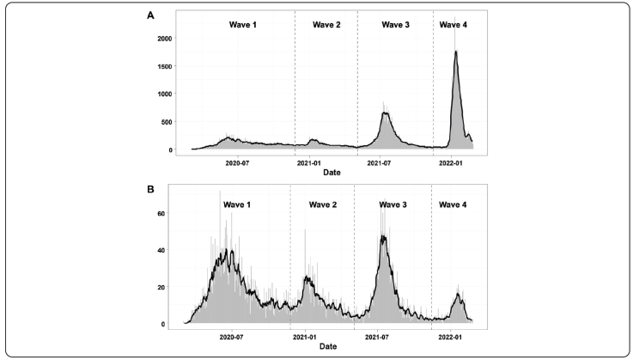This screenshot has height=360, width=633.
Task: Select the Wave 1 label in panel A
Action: pos(242,25)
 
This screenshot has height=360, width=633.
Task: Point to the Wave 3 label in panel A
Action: pos(395,25)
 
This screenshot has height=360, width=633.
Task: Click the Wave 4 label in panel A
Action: pos(453,25)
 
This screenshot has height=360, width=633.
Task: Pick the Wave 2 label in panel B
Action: pos(323,204)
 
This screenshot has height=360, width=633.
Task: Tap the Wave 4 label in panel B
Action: pos(453,204)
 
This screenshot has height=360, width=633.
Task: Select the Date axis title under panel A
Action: pos(331,172)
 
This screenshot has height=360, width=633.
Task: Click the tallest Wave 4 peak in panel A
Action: pos(456,52)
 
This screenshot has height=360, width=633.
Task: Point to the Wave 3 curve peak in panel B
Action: pos(383,236)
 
